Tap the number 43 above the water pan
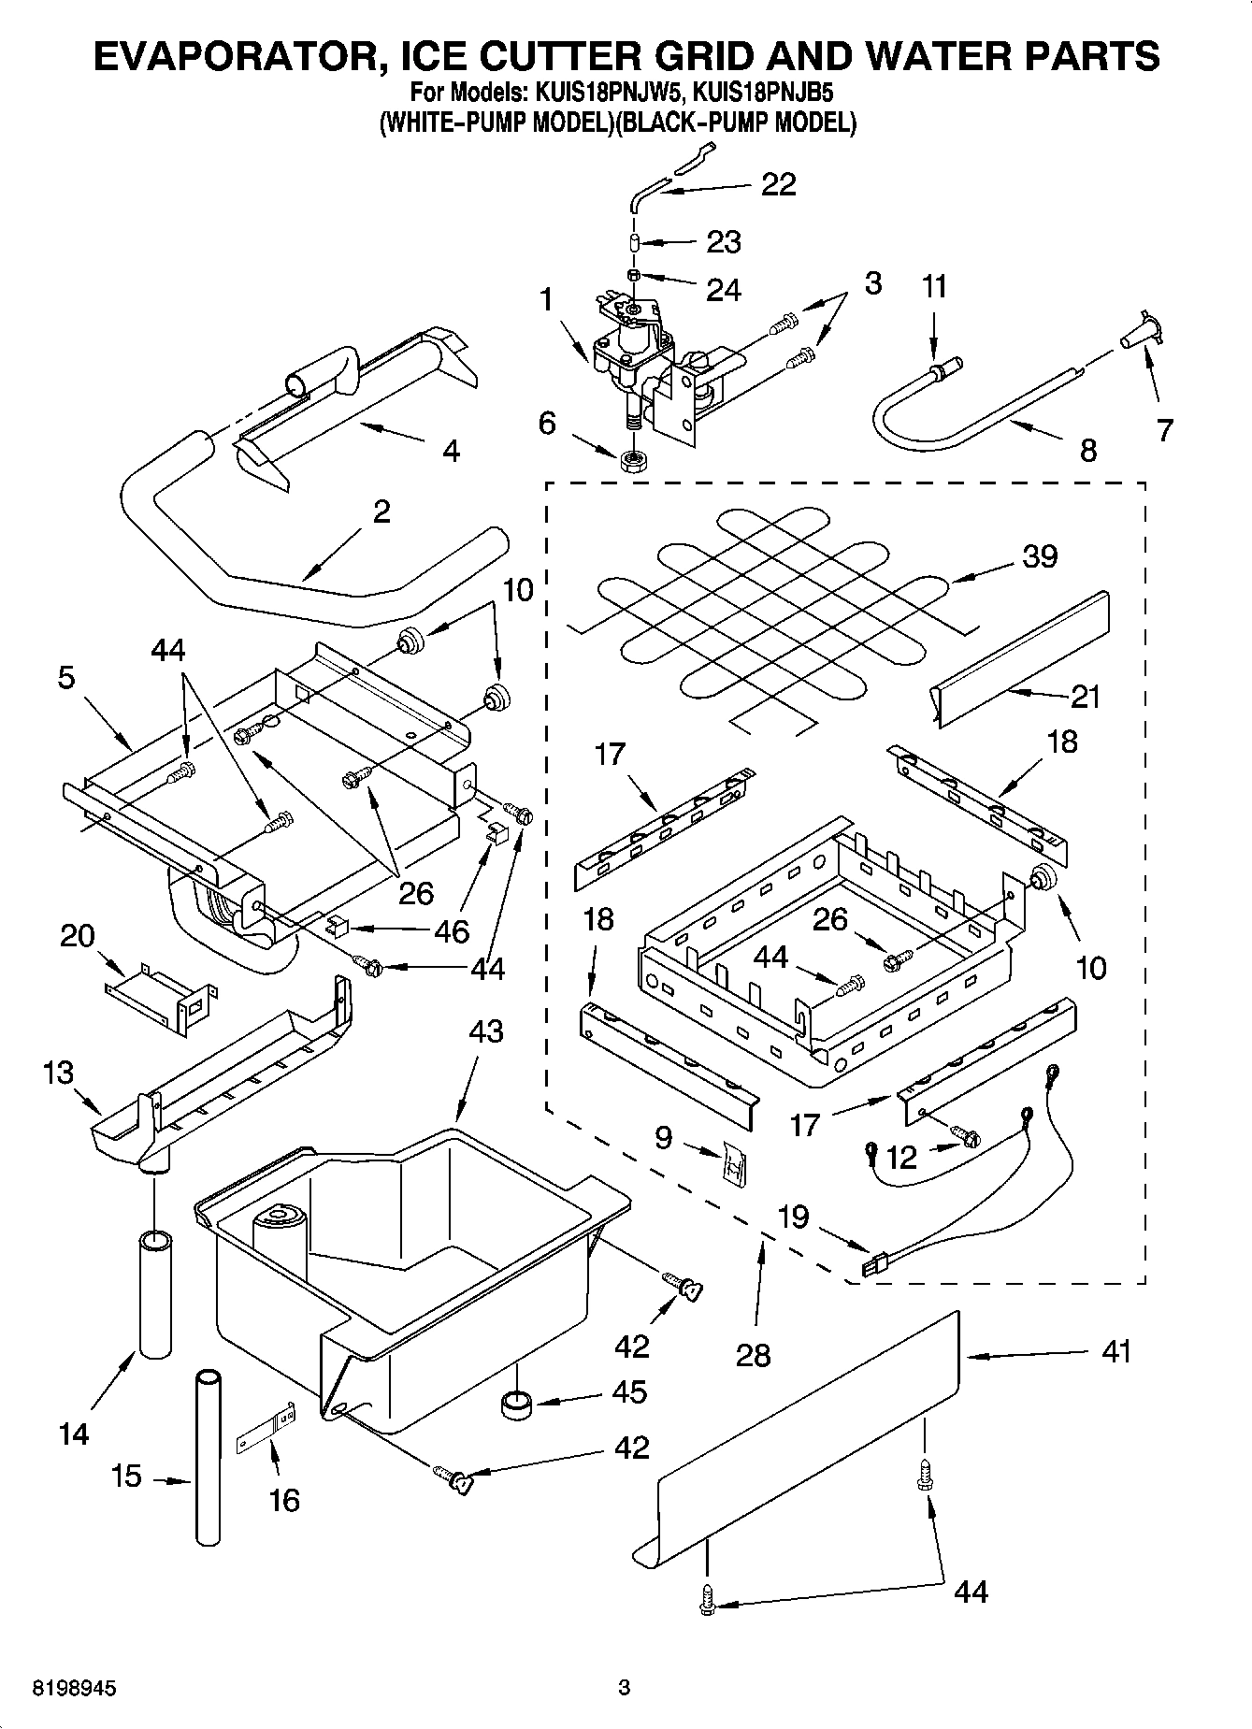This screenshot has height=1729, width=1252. click(x=485, y=1031)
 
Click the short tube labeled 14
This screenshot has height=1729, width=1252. click(x=156, y=1293)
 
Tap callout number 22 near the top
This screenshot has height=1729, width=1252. click(x=778, y=184)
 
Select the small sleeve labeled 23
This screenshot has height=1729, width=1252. click(x=635, y=242)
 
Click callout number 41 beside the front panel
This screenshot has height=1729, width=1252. click(x=1115, y=1352)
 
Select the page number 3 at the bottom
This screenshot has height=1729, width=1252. click(x=625, y=1689)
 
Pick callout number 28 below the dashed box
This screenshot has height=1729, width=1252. click(x=753, y=1354)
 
